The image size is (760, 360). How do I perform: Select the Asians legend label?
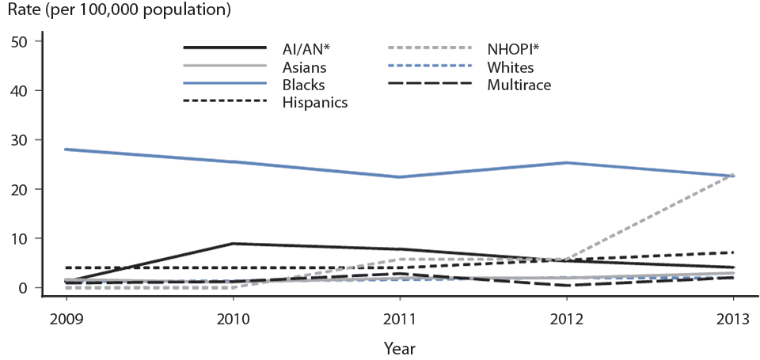point(306,66)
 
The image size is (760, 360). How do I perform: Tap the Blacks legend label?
point(305,84)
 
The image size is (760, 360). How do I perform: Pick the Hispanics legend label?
point(316,102)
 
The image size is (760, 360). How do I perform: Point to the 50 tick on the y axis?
point(19,41)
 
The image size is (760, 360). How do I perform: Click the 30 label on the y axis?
point(19,140)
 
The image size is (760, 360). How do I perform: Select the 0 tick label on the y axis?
point(24,288)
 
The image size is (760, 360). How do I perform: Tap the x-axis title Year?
point(399,347)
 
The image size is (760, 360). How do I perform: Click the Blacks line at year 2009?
point(66,149)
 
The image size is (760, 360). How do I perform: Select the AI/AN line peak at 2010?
point(234,244)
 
